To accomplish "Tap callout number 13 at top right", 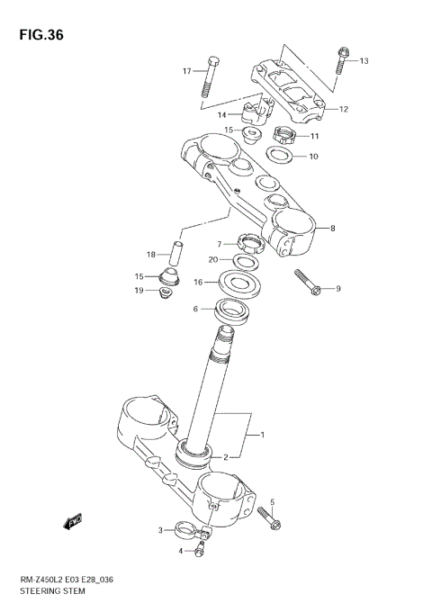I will [x=364, y=61].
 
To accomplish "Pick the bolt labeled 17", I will [x=209, y=76].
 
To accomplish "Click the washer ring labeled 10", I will [x=279, y=156].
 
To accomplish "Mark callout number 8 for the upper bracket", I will [x=332, y=229].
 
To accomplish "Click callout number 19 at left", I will [x=139, y=291].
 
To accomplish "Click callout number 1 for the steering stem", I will [x=263, y=436].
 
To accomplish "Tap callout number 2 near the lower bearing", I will [x=227, y=456].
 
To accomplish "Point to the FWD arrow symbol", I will [x=73, y=521].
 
